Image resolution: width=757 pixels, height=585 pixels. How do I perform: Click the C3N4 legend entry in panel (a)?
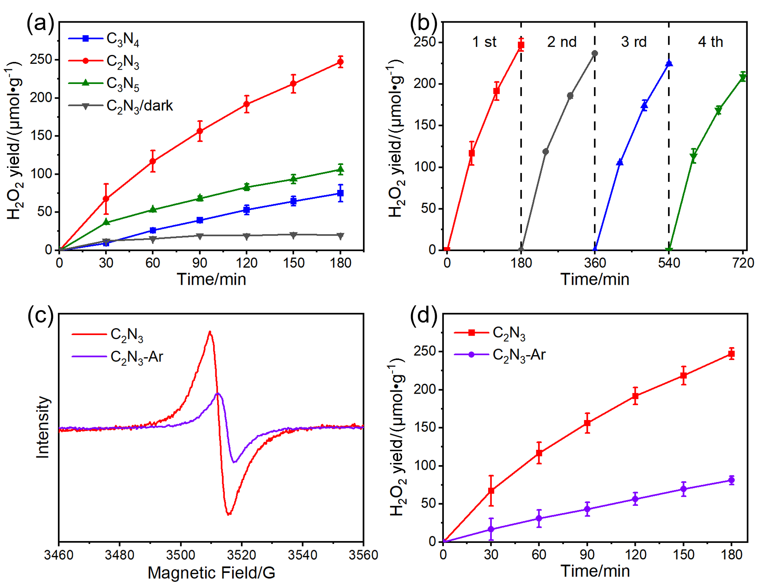point(104,39)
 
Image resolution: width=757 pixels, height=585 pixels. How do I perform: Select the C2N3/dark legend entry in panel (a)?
point(120,106)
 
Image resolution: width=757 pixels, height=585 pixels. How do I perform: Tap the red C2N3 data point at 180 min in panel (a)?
point(341,62)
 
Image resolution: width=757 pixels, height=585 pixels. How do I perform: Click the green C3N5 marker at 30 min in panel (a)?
point(106,222)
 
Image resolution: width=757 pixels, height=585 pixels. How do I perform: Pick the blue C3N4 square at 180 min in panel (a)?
point(341,193)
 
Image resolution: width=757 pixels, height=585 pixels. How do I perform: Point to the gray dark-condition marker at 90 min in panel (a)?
point(200,236)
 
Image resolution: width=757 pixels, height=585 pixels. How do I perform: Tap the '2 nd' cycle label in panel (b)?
point(562,42)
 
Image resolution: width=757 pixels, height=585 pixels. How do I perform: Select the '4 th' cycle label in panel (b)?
point(710,42)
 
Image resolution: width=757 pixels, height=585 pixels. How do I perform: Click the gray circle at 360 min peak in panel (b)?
point(595,54)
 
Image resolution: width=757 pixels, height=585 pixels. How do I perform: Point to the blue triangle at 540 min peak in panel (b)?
point(669,63)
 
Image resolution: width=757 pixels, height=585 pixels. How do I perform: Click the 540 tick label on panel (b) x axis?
point(669,263)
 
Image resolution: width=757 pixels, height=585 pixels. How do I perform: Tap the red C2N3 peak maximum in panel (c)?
point(210,332)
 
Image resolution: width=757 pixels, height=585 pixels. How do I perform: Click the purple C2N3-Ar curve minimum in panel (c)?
point(234,462)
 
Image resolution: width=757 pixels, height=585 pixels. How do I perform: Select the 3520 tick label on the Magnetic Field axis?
point(241,555)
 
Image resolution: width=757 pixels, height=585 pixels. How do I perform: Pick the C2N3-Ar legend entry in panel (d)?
point(500,355)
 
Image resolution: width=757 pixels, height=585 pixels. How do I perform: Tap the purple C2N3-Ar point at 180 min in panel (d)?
point(731,480)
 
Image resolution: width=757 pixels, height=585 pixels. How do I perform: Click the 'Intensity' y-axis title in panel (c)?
point(42,427)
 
